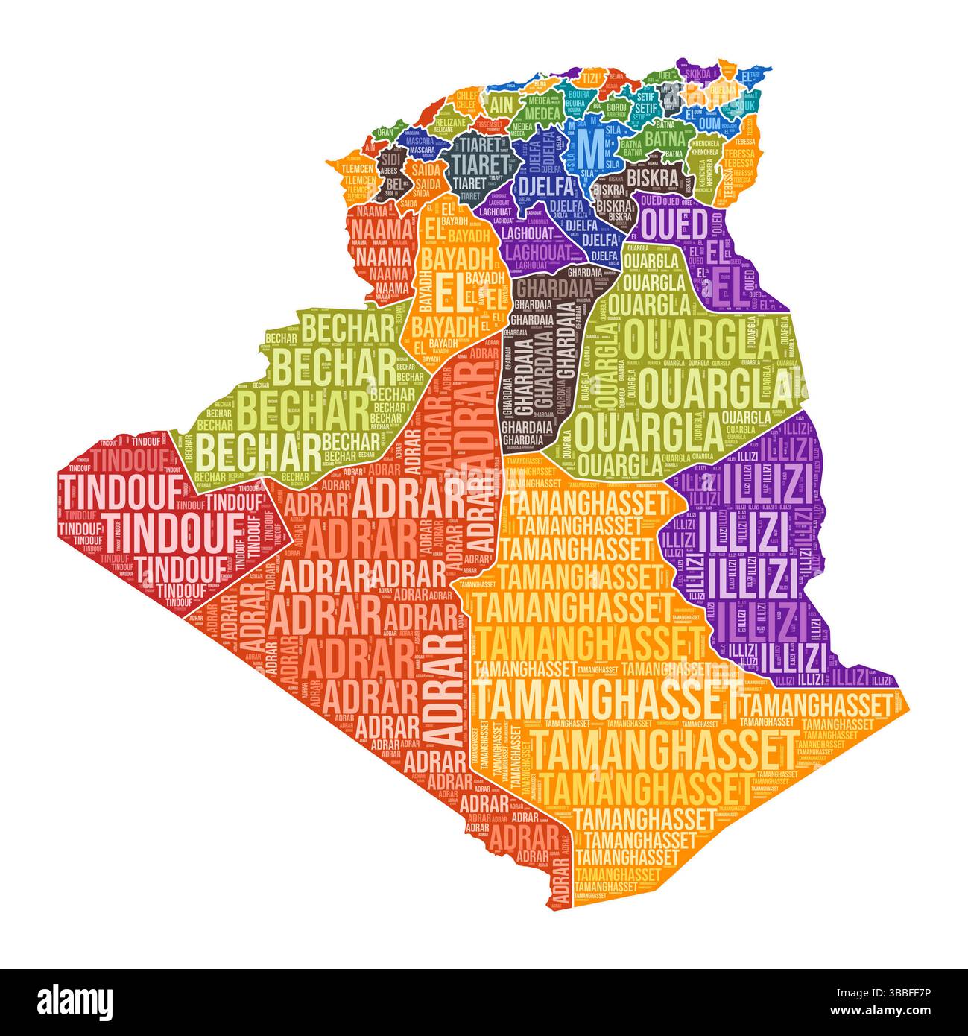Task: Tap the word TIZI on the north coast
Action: click(591, 78)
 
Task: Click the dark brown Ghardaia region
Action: click(540, 358)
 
